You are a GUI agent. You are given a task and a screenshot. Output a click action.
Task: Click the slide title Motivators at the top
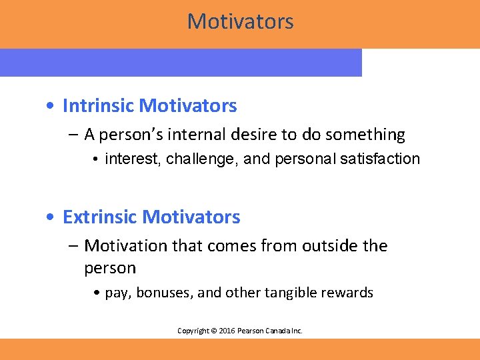[240, 21]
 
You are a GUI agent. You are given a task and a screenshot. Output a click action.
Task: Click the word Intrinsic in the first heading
[98, 105]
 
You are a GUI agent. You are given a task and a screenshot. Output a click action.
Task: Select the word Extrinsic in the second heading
[100, 217]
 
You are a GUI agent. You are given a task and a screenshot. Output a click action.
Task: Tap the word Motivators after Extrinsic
[191, 217]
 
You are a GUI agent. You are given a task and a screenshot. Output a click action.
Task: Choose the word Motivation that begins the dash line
[126, 246]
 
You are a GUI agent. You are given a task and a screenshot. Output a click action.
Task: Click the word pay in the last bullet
[115, 293]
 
